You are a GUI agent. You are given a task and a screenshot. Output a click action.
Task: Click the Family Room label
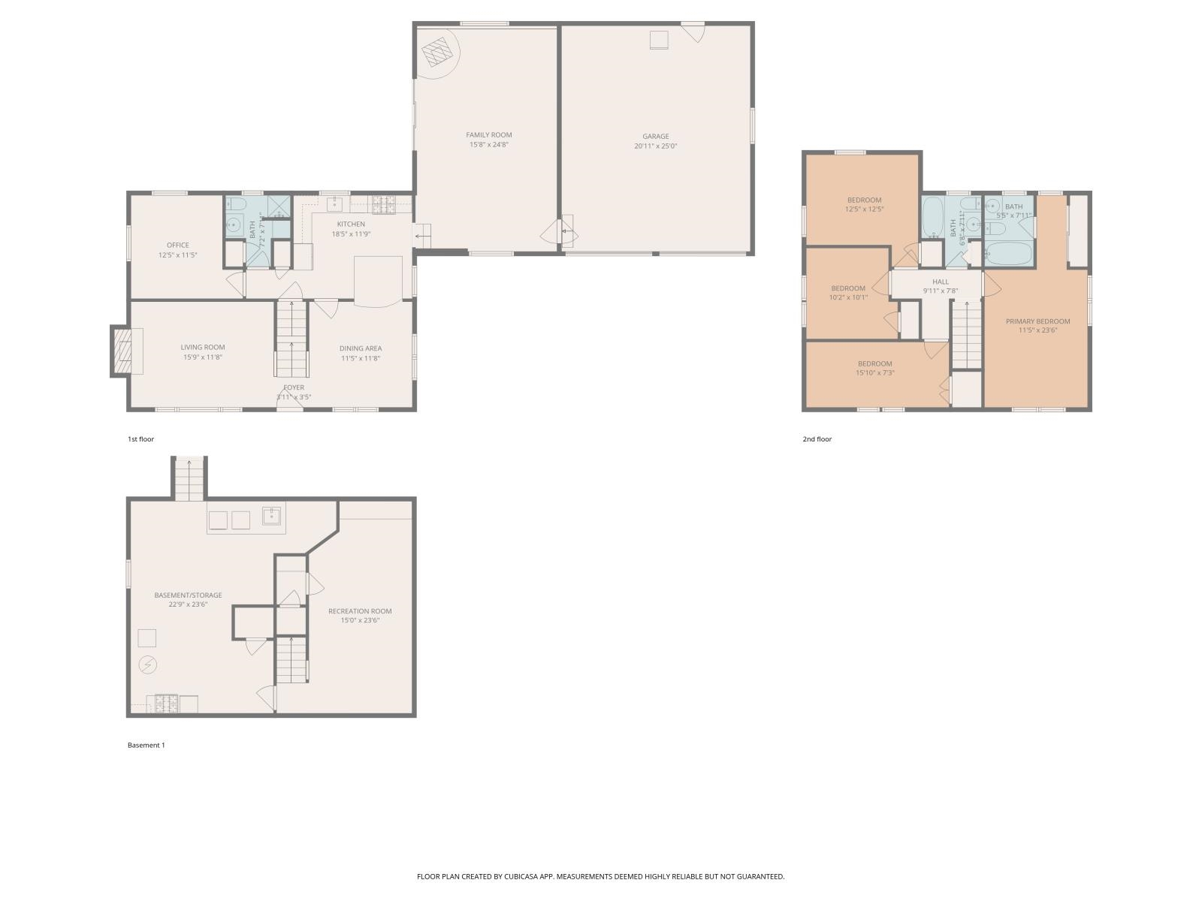pos(488,135)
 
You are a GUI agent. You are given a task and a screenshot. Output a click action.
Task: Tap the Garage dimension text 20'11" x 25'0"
pos(655,146)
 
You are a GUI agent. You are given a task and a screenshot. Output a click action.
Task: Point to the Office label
pos(177,245)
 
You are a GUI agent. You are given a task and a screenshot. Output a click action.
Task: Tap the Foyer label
pos(294,387)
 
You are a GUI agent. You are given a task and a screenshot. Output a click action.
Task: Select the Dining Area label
pos(361,348)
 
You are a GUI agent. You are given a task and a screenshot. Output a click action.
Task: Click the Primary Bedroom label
pos(1037,321)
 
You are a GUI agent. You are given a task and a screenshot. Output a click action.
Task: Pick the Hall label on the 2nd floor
pos(941,282)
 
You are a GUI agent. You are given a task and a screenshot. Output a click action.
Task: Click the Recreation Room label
pos(360,611)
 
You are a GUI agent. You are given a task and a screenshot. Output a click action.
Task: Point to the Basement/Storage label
pos(188,595)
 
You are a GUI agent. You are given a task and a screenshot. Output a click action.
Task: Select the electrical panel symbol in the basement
pos(148,664)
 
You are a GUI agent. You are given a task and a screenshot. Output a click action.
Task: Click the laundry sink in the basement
pos(271,516)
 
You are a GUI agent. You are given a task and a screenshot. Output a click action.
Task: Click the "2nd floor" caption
pos(817,439)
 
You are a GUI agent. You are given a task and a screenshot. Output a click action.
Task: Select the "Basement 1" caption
pos(146,746)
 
